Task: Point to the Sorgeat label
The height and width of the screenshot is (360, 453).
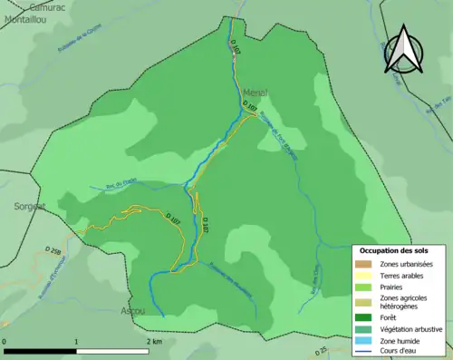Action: point(30,206)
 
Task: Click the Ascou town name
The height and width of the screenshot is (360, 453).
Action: point(132,310)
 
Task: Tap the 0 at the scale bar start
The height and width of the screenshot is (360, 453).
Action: point(5,342)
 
